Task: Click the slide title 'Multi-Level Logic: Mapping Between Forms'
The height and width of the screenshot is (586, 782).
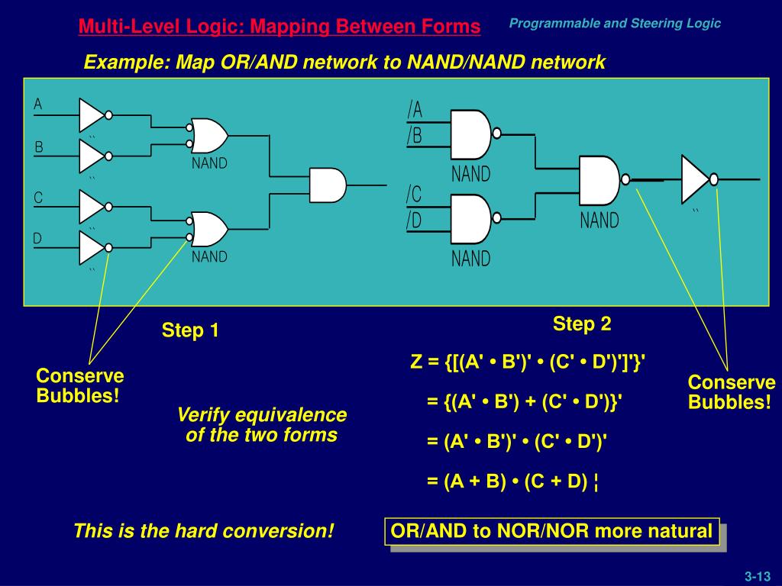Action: [x=280, y=27]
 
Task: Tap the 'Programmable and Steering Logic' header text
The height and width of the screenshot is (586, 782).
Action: [x=615, y=24]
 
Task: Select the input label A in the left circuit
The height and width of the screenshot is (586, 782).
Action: [x=38, y=105]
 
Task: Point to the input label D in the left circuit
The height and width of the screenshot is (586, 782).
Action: [x=37, y=239]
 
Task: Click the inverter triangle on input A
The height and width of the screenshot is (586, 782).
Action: [x=91, y=115]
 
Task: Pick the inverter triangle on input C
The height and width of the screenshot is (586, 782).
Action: [x=91, y=205]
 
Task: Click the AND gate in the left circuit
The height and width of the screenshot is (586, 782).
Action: [x=327, y=185]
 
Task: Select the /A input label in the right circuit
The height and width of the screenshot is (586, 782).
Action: [x=415, y=111]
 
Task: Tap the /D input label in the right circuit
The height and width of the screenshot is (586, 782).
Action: [x=415, y=221]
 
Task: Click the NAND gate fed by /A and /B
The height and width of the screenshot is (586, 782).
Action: [x=470, y=134]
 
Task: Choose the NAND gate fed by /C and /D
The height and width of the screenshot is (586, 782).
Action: [x=470, y=217]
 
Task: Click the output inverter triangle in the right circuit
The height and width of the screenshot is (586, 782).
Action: [x=695, y=179]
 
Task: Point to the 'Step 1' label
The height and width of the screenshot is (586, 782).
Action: [x=190, y=330]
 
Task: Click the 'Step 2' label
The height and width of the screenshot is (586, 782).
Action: [x=582, y=324]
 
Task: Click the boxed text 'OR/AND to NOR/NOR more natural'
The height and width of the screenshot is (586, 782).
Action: [x=551, y=531]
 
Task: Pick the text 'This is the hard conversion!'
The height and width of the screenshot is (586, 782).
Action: [x=204, y=531]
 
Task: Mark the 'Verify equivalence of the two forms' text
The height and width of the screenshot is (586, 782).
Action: [x=262, y=425]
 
